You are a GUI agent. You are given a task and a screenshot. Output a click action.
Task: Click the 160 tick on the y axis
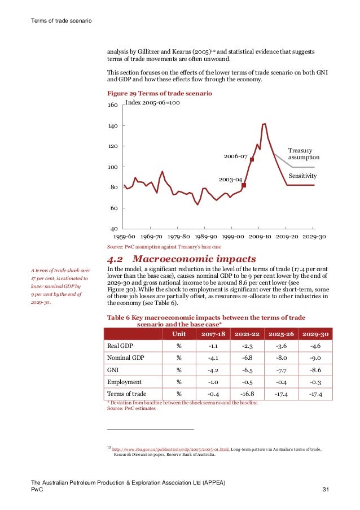(x=112, y=106)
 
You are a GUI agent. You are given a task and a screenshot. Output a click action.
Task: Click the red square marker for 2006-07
(x=252, y=159)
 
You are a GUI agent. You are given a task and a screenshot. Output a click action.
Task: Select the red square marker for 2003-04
(x=244, y=185)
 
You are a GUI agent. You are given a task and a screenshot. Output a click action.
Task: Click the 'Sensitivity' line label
(x=302, y=176)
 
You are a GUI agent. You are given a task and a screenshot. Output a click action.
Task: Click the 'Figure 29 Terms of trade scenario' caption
(x=153, y=92)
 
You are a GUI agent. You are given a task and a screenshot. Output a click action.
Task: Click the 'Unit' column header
(x=178, y=333)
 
